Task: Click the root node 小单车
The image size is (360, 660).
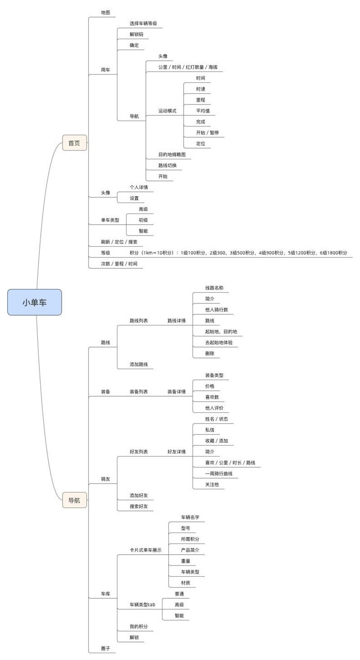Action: tap(34, 302)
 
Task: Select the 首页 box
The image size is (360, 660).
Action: tap(74, 143)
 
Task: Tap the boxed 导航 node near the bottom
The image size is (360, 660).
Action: tap(74, 500)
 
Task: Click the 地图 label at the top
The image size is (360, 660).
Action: tap(105, 13)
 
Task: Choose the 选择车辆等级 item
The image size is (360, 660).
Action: tap(143, 23)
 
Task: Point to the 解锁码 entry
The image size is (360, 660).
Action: tap(137, 34)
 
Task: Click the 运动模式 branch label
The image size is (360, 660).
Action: tap(167, 111)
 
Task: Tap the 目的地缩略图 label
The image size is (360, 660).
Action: tap(171, 154)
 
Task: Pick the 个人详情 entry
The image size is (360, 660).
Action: tap(139, 187)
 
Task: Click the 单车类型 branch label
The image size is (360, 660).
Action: tap(110, 220)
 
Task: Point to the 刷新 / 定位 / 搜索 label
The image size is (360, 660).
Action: tap(119, 242)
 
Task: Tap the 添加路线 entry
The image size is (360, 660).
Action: tap(139, 364)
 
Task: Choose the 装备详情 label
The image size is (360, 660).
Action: tap(176, 392)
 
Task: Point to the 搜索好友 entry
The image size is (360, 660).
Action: tap(139, 506)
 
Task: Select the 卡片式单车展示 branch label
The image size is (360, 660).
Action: tap(145, 550)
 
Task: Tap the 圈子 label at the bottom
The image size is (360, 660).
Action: tap(105, 649)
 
